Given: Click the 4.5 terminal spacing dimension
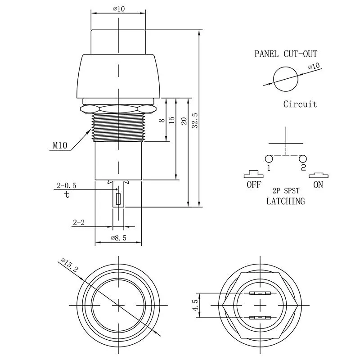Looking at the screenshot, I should [194, 305].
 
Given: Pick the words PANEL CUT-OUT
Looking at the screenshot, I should [286, 54].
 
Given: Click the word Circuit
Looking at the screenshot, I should [300, 104].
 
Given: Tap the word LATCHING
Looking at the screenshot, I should [285, 201].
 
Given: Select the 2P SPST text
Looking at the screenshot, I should [285, 191].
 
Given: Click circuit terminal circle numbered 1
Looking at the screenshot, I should [269, 158].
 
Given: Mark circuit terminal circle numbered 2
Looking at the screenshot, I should [302, 158].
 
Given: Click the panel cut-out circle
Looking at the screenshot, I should [286, 78].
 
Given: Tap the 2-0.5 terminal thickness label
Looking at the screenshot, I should [66, 185].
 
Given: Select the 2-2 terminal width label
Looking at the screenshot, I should [79, 222].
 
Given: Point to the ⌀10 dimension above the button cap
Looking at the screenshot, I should [118, 8].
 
